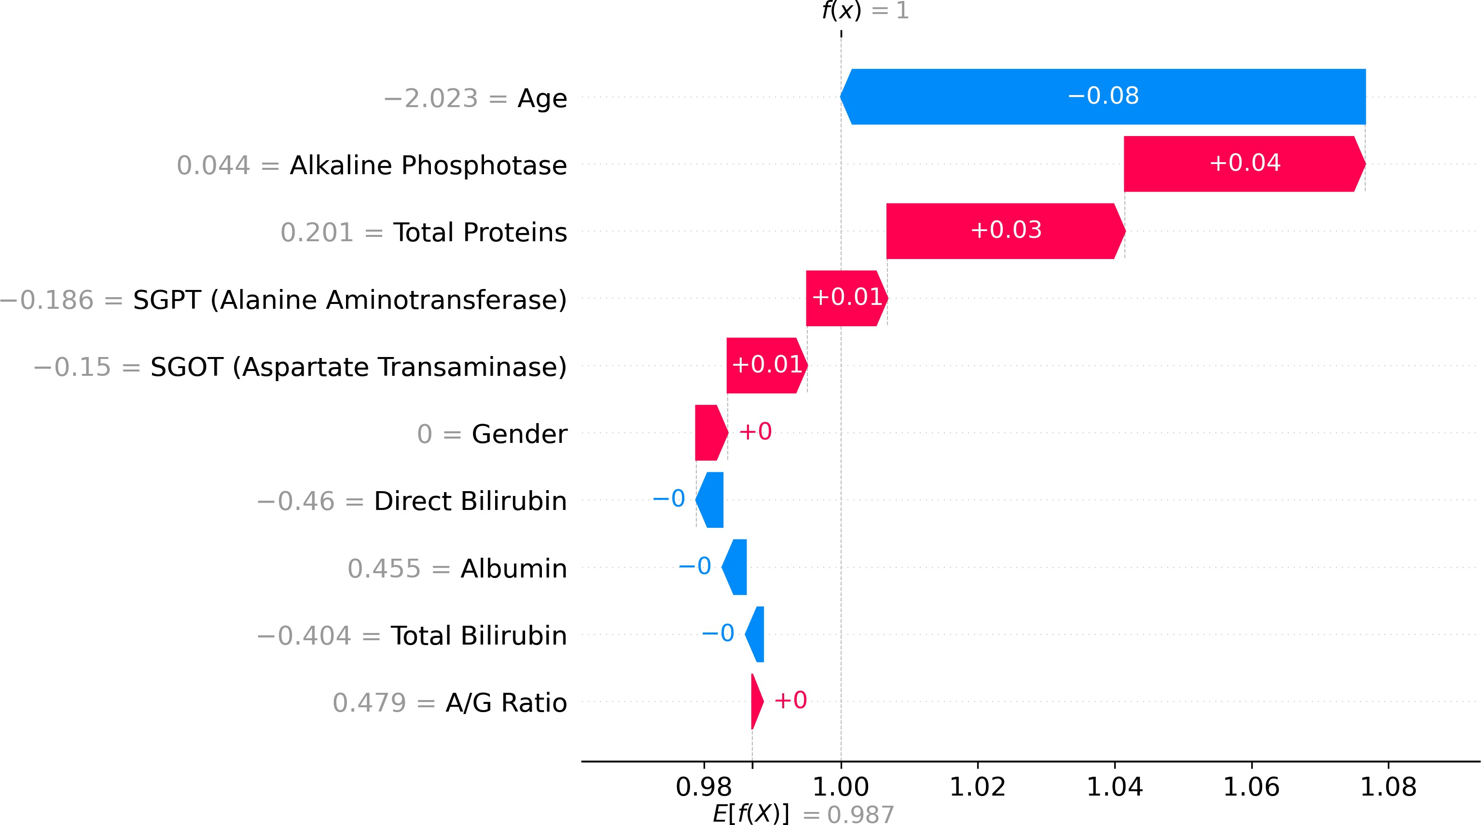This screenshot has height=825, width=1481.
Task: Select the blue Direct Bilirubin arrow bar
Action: pos(711,500)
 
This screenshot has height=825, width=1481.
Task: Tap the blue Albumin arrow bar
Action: pos(735,567)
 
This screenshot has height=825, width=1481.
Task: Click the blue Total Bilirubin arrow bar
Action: pos(755,634)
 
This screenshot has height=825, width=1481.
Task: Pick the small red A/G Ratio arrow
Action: pos(757,701)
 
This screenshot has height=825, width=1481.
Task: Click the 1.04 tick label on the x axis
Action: pos(1115,786)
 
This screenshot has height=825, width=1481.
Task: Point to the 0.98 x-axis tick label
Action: pos(704,786)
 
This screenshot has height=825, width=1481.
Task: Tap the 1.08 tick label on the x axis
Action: pos(1388,786)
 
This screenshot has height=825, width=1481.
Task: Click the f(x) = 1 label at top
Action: pos(865,11)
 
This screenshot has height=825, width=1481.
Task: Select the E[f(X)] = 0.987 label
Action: pos(803,814)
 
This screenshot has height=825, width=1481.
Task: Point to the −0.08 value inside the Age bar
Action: pos(1103,96)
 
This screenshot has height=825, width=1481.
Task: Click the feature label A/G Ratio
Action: pos(506,702)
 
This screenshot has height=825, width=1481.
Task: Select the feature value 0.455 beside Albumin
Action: pos(384,569)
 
